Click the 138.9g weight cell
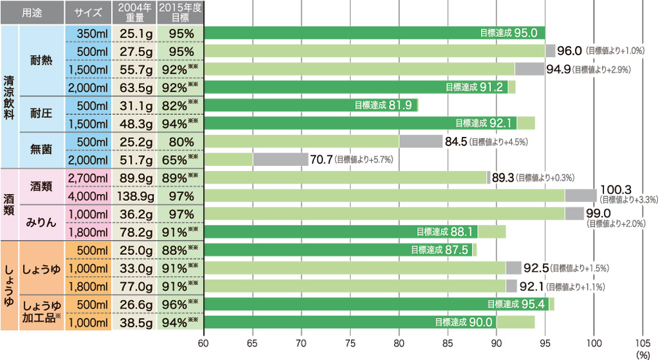click(x=134, y=196)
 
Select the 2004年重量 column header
click(x=134, y=12)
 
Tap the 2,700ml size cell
click(x=88, y=178)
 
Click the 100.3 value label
click(x=615, y=190)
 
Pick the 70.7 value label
click(x=322, y=159)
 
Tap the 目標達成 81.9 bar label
click(x=382, y=105)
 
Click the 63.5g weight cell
click(x=134, y=87)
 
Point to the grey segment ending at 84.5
click(x=420, y=141)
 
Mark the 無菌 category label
click(x=42, y=150)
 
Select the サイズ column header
click(x=88, y=12)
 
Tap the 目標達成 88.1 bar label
click(x=443, y=232)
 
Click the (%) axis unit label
click(x=642, y=353)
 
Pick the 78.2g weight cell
click(x=134, y=232)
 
